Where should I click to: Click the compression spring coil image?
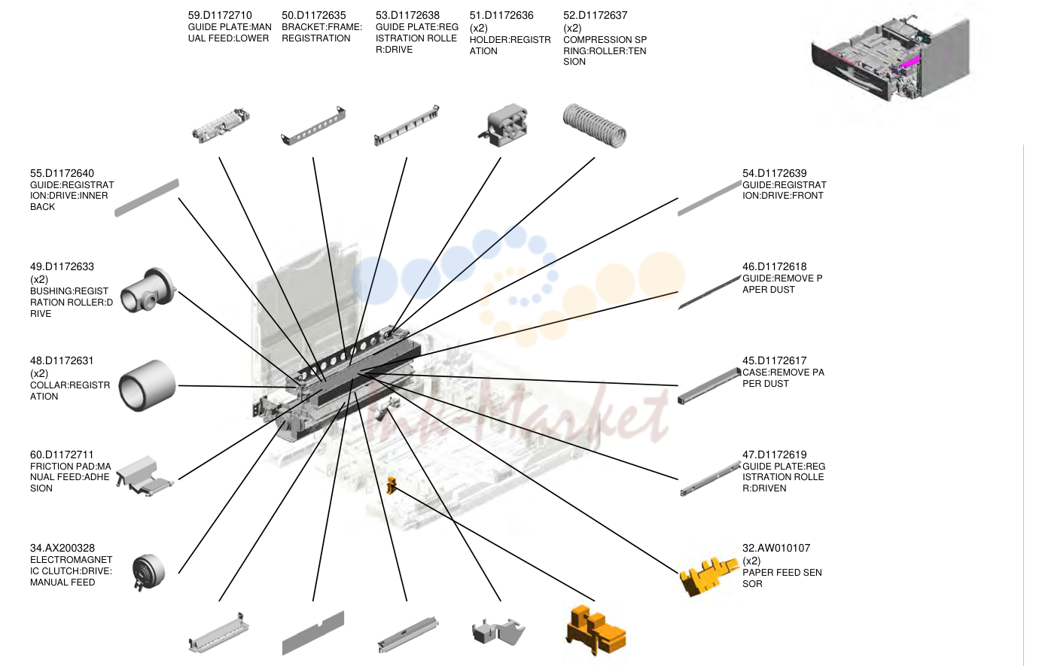tap(595, 126)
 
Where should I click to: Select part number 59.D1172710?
tap(219, 15)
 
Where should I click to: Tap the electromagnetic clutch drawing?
tap(148, 572)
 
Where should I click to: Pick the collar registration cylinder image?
tap(147, 385)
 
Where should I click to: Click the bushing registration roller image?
tap(148, 290)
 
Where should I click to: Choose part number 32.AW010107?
tap(776, 548)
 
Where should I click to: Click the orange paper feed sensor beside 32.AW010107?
tap(708, 576)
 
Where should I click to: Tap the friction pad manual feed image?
tap(145, 476)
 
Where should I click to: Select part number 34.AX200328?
tap(62, 548)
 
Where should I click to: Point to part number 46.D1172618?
tap(774, 266)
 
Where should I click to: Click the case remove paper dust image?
tap(708, 385)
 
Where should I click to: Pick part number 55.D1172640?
tap(62, 173)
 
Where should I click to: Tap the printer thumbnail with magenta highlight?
tap(891, 58)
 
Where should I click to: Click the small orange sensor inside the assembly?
tap(392, 485)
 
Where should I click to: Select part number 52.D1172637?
tap(595, 15)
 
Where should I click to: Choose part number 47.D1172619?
tap(774, 455)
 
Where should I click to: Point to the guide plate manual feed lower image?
tap(221, 125)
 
